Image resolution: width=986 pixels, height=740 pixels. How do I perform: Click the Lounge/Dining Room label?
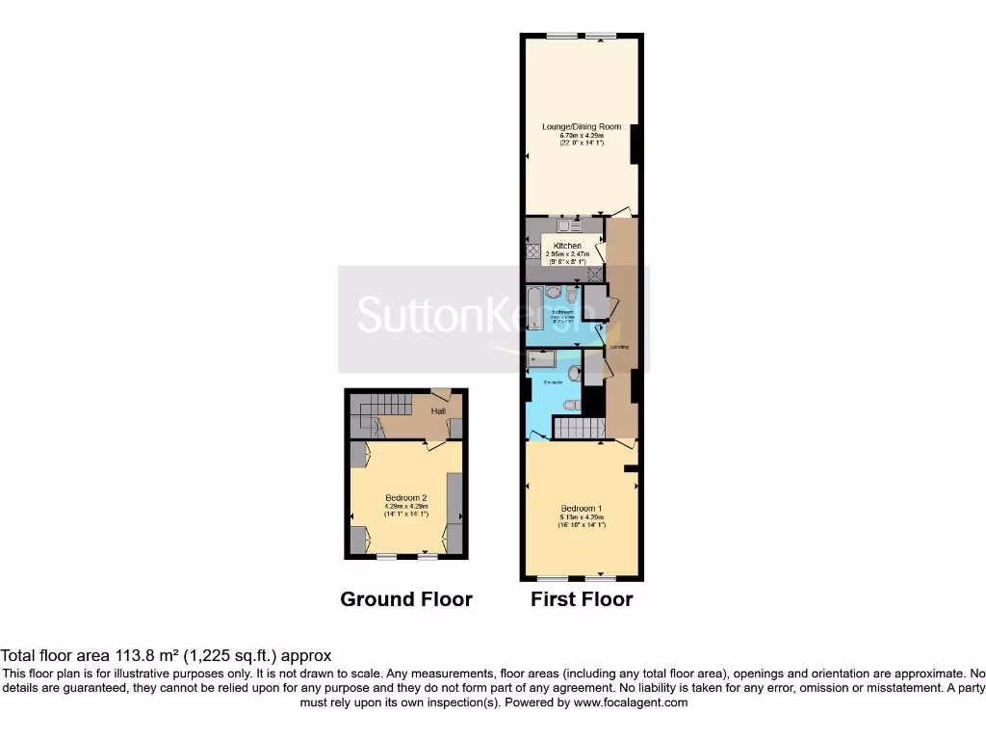[x=582, y=126]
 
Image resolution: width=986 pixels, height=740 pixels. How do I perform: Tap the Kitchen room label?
[x=567, y=246]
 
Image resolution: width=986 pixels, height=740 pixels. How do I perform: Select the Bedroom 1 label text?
[x=581, y=508]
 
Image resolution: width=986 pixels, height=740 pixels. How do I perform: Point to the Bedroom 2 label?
[x=405, y=497]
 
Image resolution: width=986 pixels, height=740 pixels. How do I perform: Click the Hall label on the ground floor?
[x=438, y=411]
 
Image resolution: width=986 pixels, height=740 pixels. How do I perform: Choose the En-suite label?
[x=553, y=383]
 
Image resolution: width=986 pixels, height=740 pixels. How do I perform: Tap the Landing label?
[x=620, y=347]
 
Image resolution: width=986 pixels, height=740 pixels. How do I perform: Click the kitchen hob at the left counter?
[x=532, y=251]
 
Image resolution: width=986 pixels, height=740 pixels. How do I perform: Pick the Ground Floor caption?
[x=406, y=599]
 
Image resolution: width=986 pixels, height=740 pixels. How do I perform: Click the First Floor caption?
[x=582, y=599]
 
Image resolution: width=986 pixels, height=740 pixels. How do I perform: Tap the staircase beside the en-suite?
[x=579, y=428]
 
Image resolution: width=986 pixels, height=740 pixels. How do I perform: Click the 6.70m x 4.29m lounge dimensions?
[x=582, y=136]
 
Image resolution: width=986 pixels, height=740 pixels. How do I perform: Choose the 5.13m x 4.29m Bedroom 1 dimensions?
[x=581, y=517]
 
